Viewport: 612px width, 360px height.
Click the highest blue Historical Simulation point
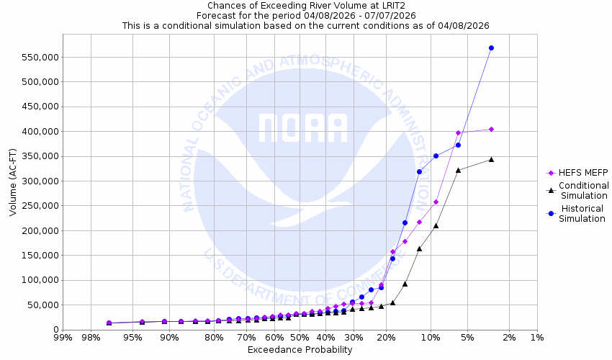click(x=491, y=48)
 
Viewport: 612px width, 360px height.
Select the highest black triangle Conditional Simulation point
click(x=491, y=159)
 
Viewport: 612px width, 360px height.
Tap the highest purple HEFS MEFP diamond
click(x=491, y=129)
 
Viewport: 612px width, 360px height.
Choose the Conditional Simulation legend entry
click(x=583, y=191)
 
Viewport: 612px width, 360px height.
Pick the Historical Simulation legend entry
click(x=582, y=214)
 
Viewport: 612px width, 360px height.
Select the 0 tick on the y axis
click(x=54, y=330)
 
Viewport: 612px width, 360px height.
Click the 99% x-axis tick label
click(x=63, y=338)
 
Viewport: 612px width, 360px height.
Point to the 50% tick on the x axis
click(x=300, y=338)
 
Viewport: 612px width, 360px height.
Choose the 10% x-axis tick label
click(x=431, y=338)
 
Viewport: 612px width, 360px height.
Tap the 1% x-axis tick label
click(x=537, y=338)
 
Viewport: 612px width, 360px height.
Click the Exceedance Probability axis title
click(x=300, y=350)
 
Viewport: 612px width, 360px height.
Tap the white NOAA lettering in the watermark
click(x=303, y=128)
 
